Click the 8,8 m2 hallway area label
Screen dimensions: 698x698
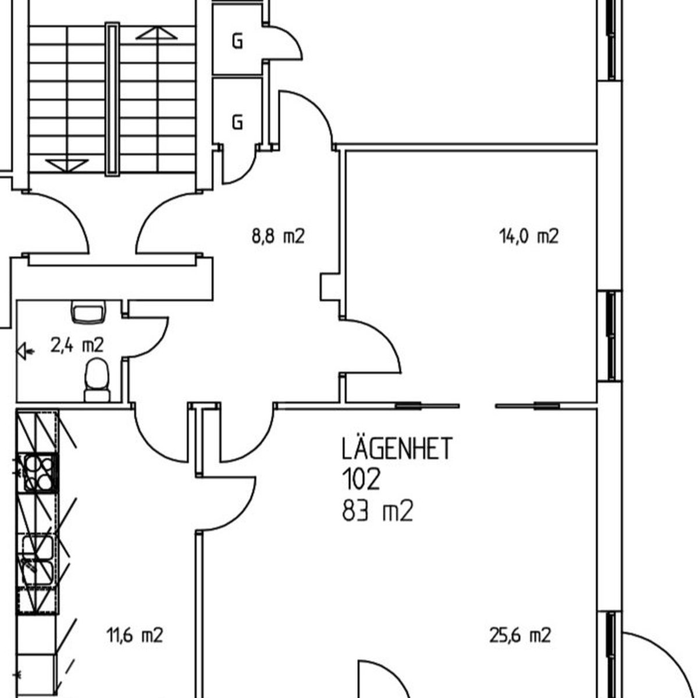pyautogui.click(x=278, y=237)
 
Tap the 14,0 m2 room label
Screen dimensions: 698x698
pyautogui.click(x=529, y=237)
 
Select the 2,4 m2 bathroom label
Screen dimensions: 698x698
pyautogui.click(x=77, y=345)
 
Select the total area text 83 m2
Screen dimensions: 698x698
pyautogui.click(x=378, y=510)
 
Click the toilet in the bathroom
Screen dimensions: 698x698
pyautogui.click(x=97, y=380)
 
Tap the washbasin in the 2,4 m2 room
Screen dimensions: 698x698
pyautogui.click(x=88, y=311)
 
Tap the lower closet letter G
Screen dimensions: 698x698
pyautogui.click(x=237, y=122)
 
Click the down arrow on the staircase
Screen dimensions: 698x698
pyautogui.click(x=67, y=166)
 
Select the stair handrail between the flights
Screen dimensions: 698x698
pyautogui.click(x=112, y=99)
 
